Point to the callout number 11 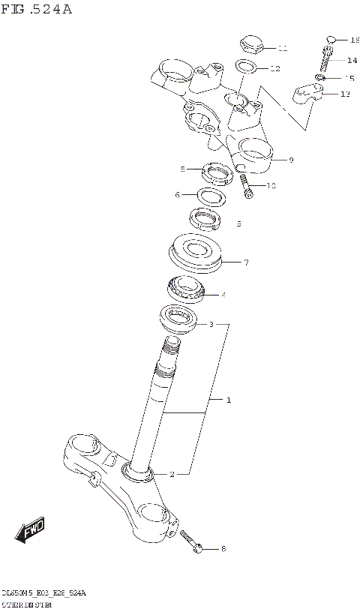(282, 49)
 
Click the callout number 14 (352, 60)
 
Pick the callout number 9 (290, 160)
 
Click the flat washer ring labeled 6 (213, 196)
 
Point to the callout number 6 (177, 195)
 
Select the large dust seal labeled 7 (196, 253)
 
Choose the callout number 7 (246, 262)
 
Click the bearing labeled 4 (186, 289)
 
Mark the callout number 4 (223, 295)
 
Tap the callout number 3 (211, 325)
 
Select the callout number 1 (229, 400)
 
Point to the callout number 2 (172, 475)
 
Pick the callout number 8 (223, 550)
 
